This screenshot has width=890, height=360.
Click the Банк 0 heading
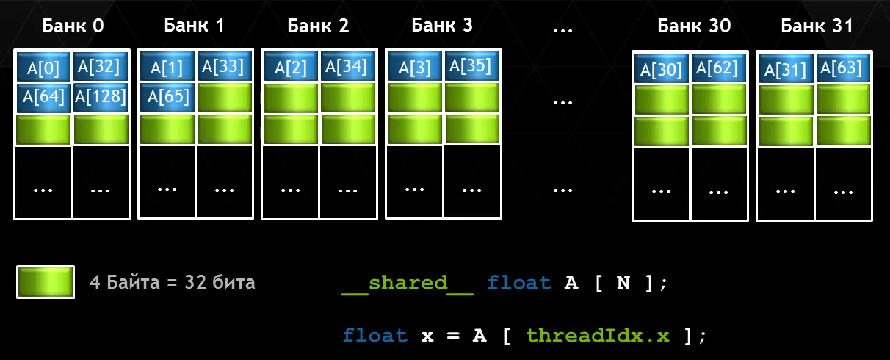tap(73, 26)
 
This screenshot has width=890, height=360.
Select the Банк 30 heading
tap(694, 26)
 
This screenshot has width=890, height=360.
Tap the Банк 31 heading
tap(817, 26)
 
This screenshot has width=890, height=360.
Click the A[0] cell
tap(43, 68)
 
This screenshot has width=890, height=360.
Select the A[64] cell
tap(43, 97)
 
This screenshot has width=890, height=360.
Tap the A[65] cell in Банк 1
tap(167, 96)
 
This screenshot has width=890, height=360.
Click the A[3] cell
tap(414, 68)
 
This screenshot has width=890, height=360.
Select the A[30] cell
tap(662, 70)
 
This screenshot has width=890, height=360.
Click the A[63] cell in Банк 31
tap(842, 68)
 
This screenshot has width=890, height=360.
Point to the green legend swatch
tap(45, 283)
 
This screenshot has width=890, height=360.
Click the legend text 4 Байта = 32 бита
tap(172, 282)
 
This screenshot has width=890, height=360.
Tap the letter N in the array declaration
tap(623, 283)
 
